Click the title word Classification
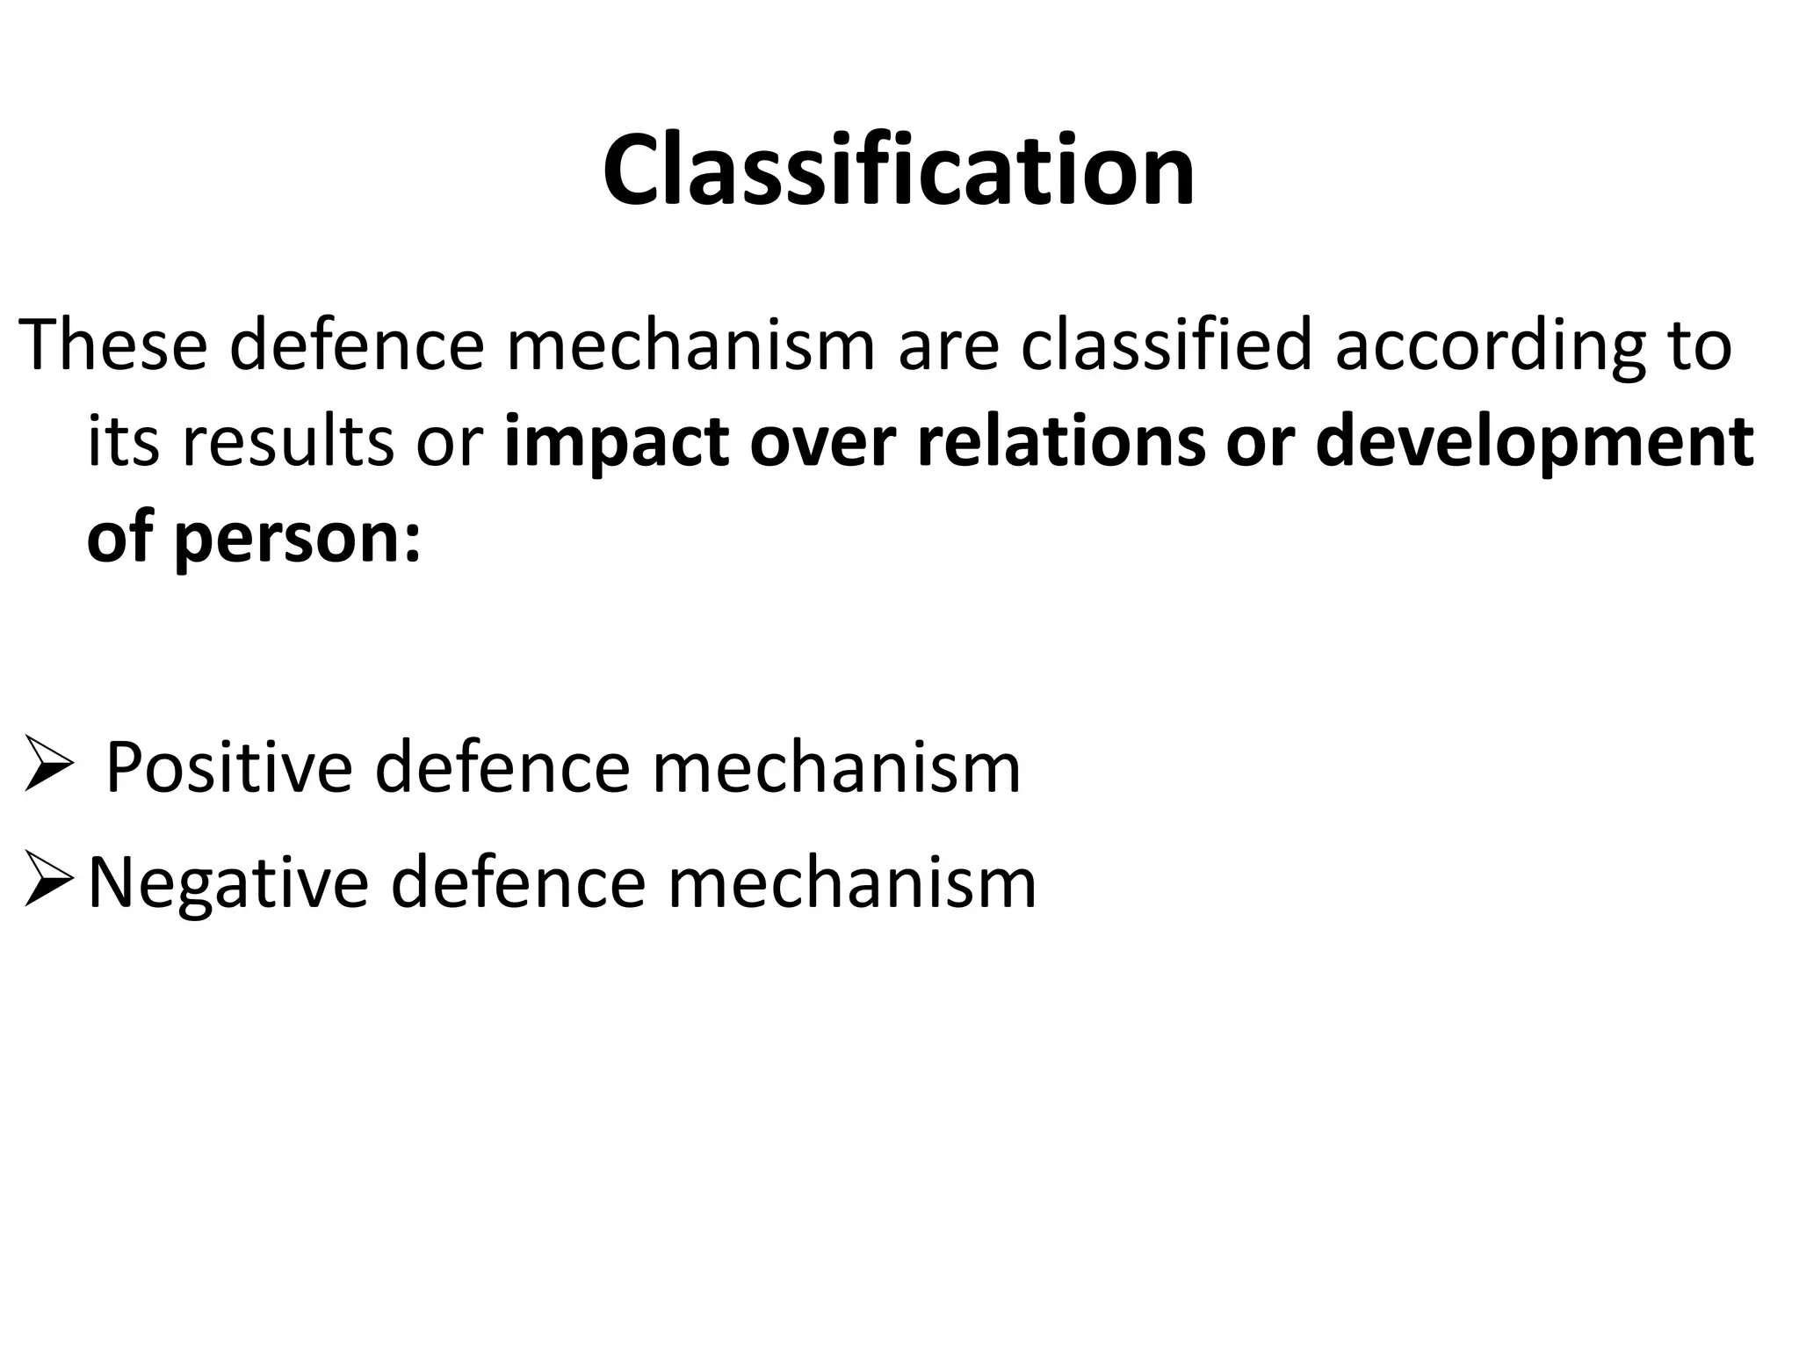pyautogui.click(x=898, y=171)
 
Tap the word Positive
pyautogui.click(x=229, y=767)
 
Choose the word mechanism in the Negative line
pyautogui.click(x=852, y=882)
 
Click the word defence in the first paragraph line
pyautogui.click(x=357, y=345)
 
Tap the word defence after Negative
pyautogui.click(x=517, y=882)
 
